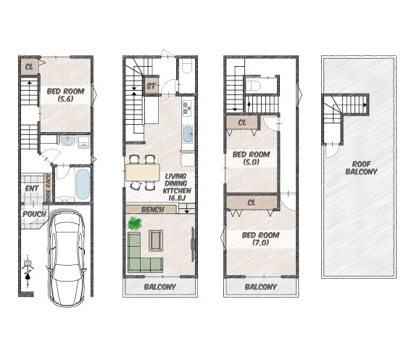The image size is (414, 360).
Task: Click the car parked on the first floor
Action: (x=67, y=258)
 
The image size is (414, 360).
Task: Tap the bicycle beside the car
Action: (x=28, y=271)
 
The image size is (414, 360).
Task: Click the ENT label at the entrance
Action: (x=32, y=189)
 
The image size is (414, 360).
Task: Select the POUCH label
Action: (x=34, y=214)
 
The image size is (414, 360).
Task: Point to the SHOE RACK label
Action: (x=49, y=189)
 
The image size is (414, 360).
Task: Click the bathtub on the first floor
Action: (x=83, y=184)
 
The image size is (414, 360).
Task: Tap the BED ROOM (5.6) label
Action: (x=65, y=95)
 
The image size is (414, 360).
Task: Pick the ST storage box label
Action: (x=151, y=86)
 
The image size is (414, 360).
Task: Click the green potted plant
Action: (x=135, y=224)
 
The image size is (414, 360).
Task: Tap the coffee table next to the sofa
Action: (x=156, y=240)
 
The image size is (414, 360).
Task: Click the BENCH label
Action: (x=152, y=210)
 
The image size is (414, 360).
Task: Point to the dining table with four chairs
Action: (x=143, y=172)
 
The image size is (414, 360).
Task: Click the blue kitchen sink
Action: (x=188, y=134)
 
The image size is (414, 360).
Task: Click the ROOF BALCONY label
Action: (x=361, y=168)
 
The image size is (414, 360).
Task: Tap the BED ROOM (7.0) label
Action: (x=260, y=239)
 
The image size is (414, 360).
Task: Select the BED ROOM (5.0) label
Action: (x=251, y=158)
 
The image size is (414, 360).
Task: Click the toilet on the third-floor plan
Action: (x=252, y=86)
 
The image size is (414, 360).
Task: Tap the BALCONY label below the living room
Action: (x=160, y=287)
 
